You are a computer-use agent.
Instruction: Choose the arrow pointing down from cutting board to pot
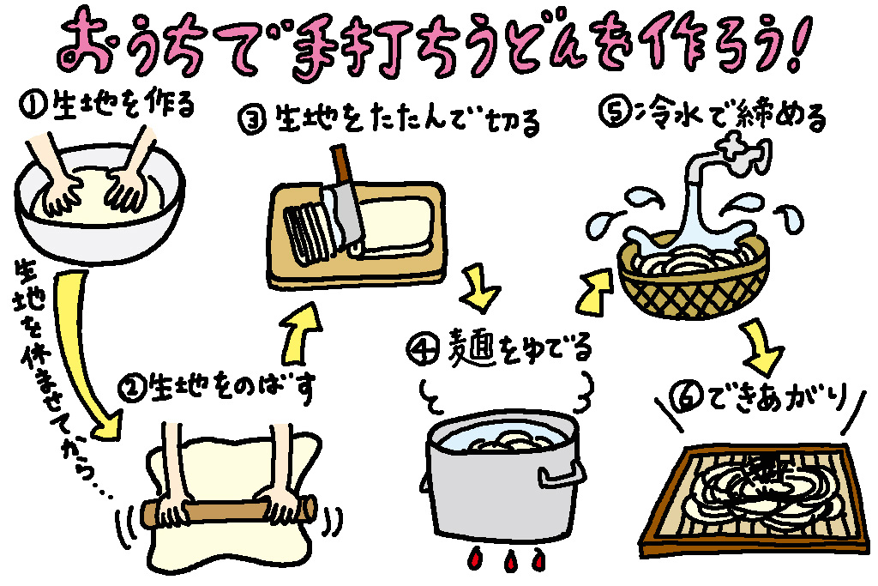coord(480,292)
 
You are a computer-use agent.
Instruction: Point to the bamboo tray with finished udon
coord(746,498)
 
